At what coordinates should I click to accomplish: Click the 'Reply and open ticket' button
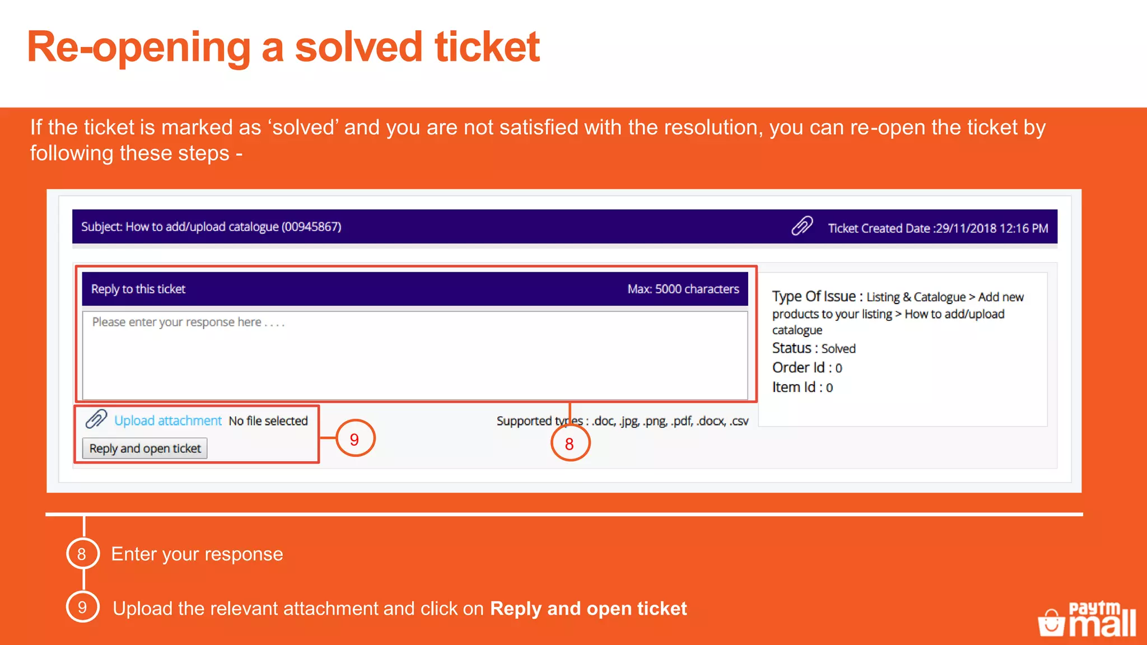coord(145,448)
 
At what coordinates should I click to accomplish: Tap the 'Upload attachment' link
coord(168,420)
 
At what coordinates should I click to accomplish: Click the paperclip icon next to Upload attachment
coord(96,419)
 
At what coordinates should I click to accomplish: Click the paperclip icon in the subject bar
coord(802,226)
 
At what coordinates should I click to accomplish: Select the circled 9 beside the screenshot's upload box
coord(355,439)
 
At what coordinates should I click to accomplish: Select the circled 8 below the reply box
coord(570,443)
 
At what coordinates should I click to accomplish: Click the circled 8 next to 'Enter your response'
coord(82,554)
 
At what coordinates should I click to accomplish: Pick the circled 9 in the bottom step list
coord(82,607)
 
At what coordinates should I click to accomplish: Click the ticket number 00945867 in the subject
coord(311,227)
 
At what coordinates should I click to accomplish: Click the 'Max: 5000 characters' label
coord(683,289)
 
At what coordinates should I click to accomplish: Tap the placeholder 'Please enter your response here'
coord(188,322)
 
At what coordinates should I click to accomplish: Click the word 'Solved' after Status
coord(838,349)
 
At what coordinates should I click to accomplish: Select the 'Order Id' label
coord(798,368)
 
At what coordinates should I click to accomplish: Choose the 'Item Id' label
coord(794,387)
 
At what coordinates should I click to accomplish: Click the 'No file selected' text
coord(268,420)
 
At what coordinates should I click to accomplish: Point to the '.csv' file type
coord(739,421)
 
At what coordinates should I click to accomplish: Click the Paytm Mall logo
coord(1088,619)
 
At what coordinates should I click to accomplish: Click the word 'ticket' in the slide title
coord(487,47)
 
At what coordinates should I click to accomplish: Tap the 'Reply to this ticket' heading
coord(138,289)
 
